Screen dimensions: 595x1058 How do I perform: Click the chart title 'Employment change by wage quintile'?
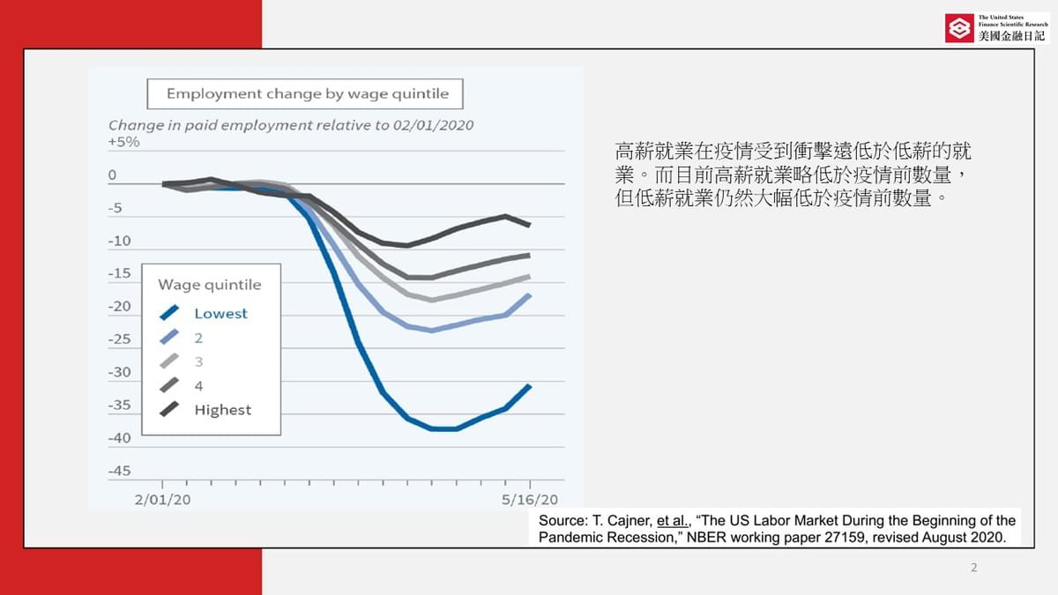pyautogui.click(x=307, y=93)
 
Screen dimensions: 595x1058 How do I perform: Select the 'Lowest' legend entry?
pyautogui.click(x=220, y=313)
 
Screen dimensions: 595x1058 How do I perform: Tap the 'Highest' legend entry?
pyautogui.click(x=222, y=410)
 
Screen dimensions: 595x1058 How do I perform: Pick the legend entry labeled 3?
pyautogui.click(x=198, y=361)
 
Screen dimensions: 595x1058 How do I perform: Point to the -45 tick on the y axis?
pyautogui.click(x=119, y=471)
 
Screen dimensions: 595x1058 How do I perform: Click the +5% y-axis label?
pyautogui.click(x=123, y=142)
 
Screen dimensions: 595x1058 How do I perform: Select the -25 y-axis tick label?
pyautogui.click(x=119, y=339)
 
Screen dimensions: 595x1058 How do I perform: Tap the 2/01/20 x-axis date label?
pyautogui.click(x=163, y=499)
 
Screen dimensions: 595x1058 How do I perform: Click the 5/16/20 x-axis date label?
pyautogui.click(x=530, y=499)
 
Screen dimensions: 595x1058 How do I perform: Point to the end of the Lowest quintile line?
pyautogui.click(x=530, y=385)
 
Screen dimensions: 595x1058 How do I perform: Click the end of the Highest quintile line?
pyautogui.click(x=530, y=226)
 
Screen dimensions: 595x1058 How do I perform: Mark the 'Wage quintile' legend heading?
pyautogui.click(x=210, y=285)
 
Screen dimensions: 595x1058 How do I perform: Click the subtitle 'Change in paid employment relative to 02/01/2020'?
pyautogui.click(x=291, y=125)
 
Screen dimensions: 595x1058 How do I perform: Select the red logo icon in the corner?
pyautogui.click(x=959, y=28)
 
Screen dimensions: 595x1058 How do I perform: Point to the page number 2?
pyautogui.click(x=973, y=568)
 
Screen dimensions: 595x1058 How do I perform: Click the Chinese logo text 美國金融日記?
pyautogui.click(x=1011, y=36)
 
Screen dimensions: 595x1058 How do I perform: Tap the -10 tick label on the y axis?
pyautogui.click(x=119, y=241)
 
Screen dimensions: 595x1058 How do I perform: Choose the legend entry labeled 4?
pyautogui.click(x=198, y=385)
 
